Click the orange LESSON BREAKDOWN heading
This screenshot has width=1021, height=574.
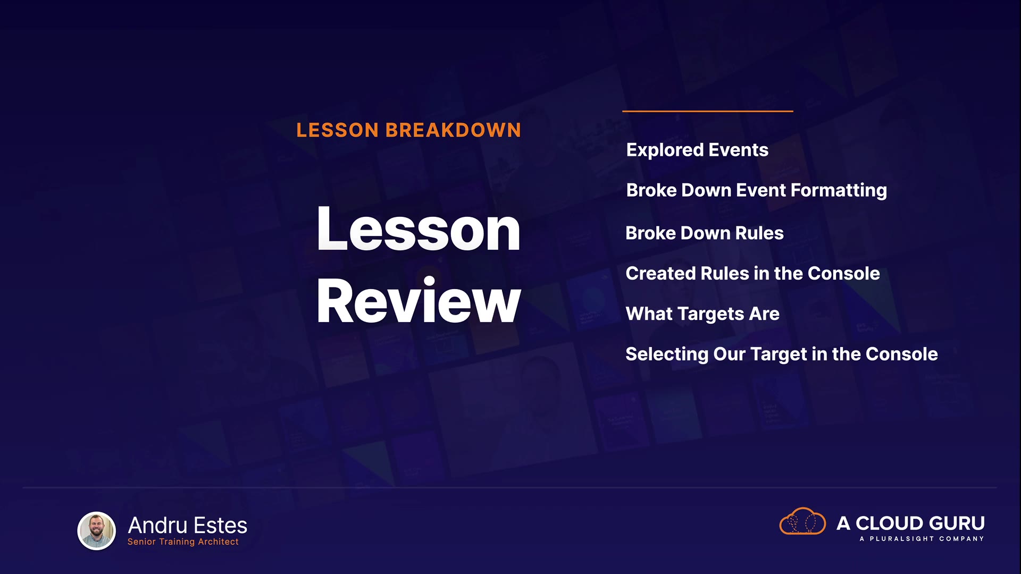[408, 130]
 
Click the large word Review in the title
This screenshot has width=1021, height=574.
[419, 300]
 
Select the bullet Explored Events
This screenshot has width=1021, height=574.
[697, 150]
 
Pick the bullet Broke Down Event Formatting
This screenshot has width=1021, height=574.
[757, 191]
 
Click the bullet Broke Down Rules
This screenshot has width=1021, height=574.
[705, 233]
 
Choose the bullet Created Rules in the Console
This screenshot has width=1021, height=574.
[753, 273]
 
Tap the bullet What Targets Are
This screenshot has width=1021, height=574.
[702, 314]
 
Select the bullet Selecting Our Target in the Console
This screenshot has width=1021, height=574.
[782, 354]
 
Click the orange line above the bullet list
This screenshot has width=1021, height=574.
[708, 111]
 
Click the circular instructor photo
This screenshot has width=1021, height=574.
[97, 530]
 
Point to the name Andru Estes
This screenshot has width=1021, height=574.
[188, 525]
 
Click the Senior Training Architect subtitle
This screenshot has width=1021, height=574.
[183, 542]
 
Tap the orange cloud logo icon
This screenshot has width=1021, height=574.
[802, 521]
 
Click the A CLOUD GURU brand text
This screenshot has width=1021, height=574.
[910, 523]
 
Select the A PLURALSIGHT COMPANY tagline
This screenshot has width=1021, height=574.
[922, 539]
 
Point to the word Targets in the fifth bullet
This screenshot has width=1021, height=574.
[711, 314]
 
